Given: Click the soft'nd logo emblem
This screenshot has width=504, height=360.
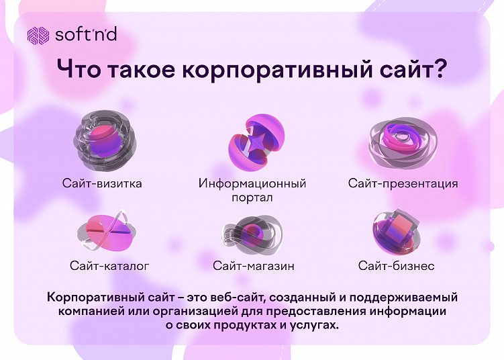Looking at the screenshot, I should click(38, 35).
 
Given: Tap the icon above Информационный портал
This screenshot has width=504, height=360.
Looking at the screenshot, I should click(252, 141).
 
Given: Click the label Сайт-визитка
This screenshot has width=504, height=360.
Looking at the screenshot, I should click(102, 183).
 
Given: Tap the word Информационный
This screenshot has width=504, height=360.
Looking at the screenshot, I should click(252, 183).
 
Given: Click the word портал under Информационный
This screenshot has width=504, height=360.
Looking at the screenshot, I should click(252, 197).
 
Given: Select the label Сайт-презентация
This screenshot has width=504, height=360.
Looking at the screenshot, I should click(403, 183).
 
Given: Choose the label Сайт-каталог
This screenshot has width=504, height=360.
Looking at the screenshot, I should click(109, 266).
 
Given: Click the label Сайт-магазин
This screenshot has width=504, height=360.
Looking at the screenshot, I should click(254, 266).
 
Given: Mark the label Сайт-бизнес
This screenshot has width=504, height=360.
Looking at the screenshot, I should click(396, 266).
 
